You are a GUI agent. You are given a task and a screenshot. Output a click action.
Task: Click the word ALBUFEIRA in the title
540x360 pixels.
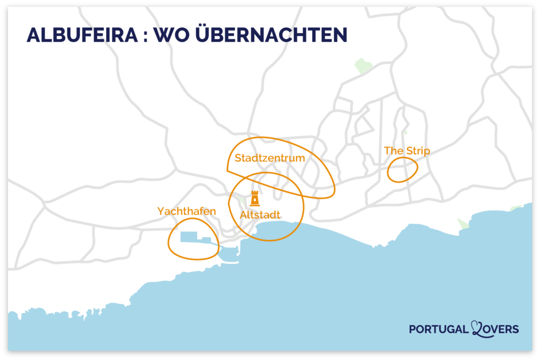click(80, 35)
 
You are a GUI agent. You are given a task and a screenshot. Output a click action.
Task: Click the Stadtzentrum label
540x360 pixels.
click(270, 158)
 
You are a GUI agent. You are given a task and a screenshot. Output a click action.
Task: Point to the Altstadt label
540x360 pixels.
click(260, 215)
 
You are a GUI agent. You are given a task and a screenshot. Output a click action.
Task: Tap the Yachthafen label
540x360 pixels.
click(187, 211)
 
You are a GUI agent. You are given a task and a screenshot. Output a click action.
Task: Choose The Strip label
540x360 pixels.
click(407, 151)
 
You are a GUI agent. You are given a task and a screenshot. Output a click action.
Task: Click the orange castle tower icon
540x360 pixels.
click(255, 198)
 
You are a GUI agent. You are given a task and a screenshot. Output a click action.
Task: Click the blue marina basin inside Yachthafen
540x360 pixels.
click(189, 237)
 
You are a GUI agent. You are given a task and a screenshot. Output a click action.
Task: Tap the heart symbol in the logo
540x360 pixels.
click(480, 329)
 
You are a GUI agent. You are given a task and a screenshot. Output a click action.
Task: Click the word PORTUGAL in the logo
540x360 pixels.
click(438, 329)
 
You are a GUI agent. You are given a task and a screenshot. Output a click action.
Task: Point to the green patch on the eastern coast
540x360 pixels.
click(462, 223)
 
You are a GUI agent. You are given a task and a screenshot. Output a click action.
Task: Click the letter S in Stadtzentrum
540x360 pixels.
click(238, 158)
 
